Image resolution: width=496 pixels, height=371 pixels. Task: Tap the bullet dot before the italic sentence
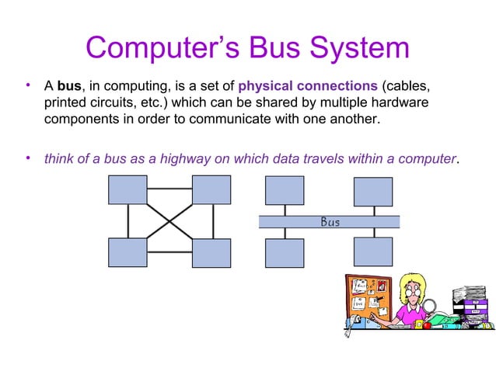coord(27,158)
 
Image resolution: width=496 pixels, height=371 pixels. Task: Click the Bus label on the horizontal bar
coord(330,222)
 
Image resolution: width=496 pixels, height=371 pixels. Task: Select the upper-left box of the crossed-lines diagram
coord(127,190)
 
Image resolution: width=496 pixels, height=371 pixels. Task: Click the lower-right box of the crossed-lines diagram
coord(211,253)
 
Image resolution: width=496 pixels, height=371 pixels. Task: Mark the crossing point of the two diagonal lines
coord(169,221)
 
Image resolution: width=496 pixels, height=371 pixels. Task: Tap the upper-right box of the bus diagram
coord(373,192)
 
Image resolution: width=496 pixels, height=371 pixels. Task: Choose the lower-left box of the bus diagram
coord(285,252)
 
